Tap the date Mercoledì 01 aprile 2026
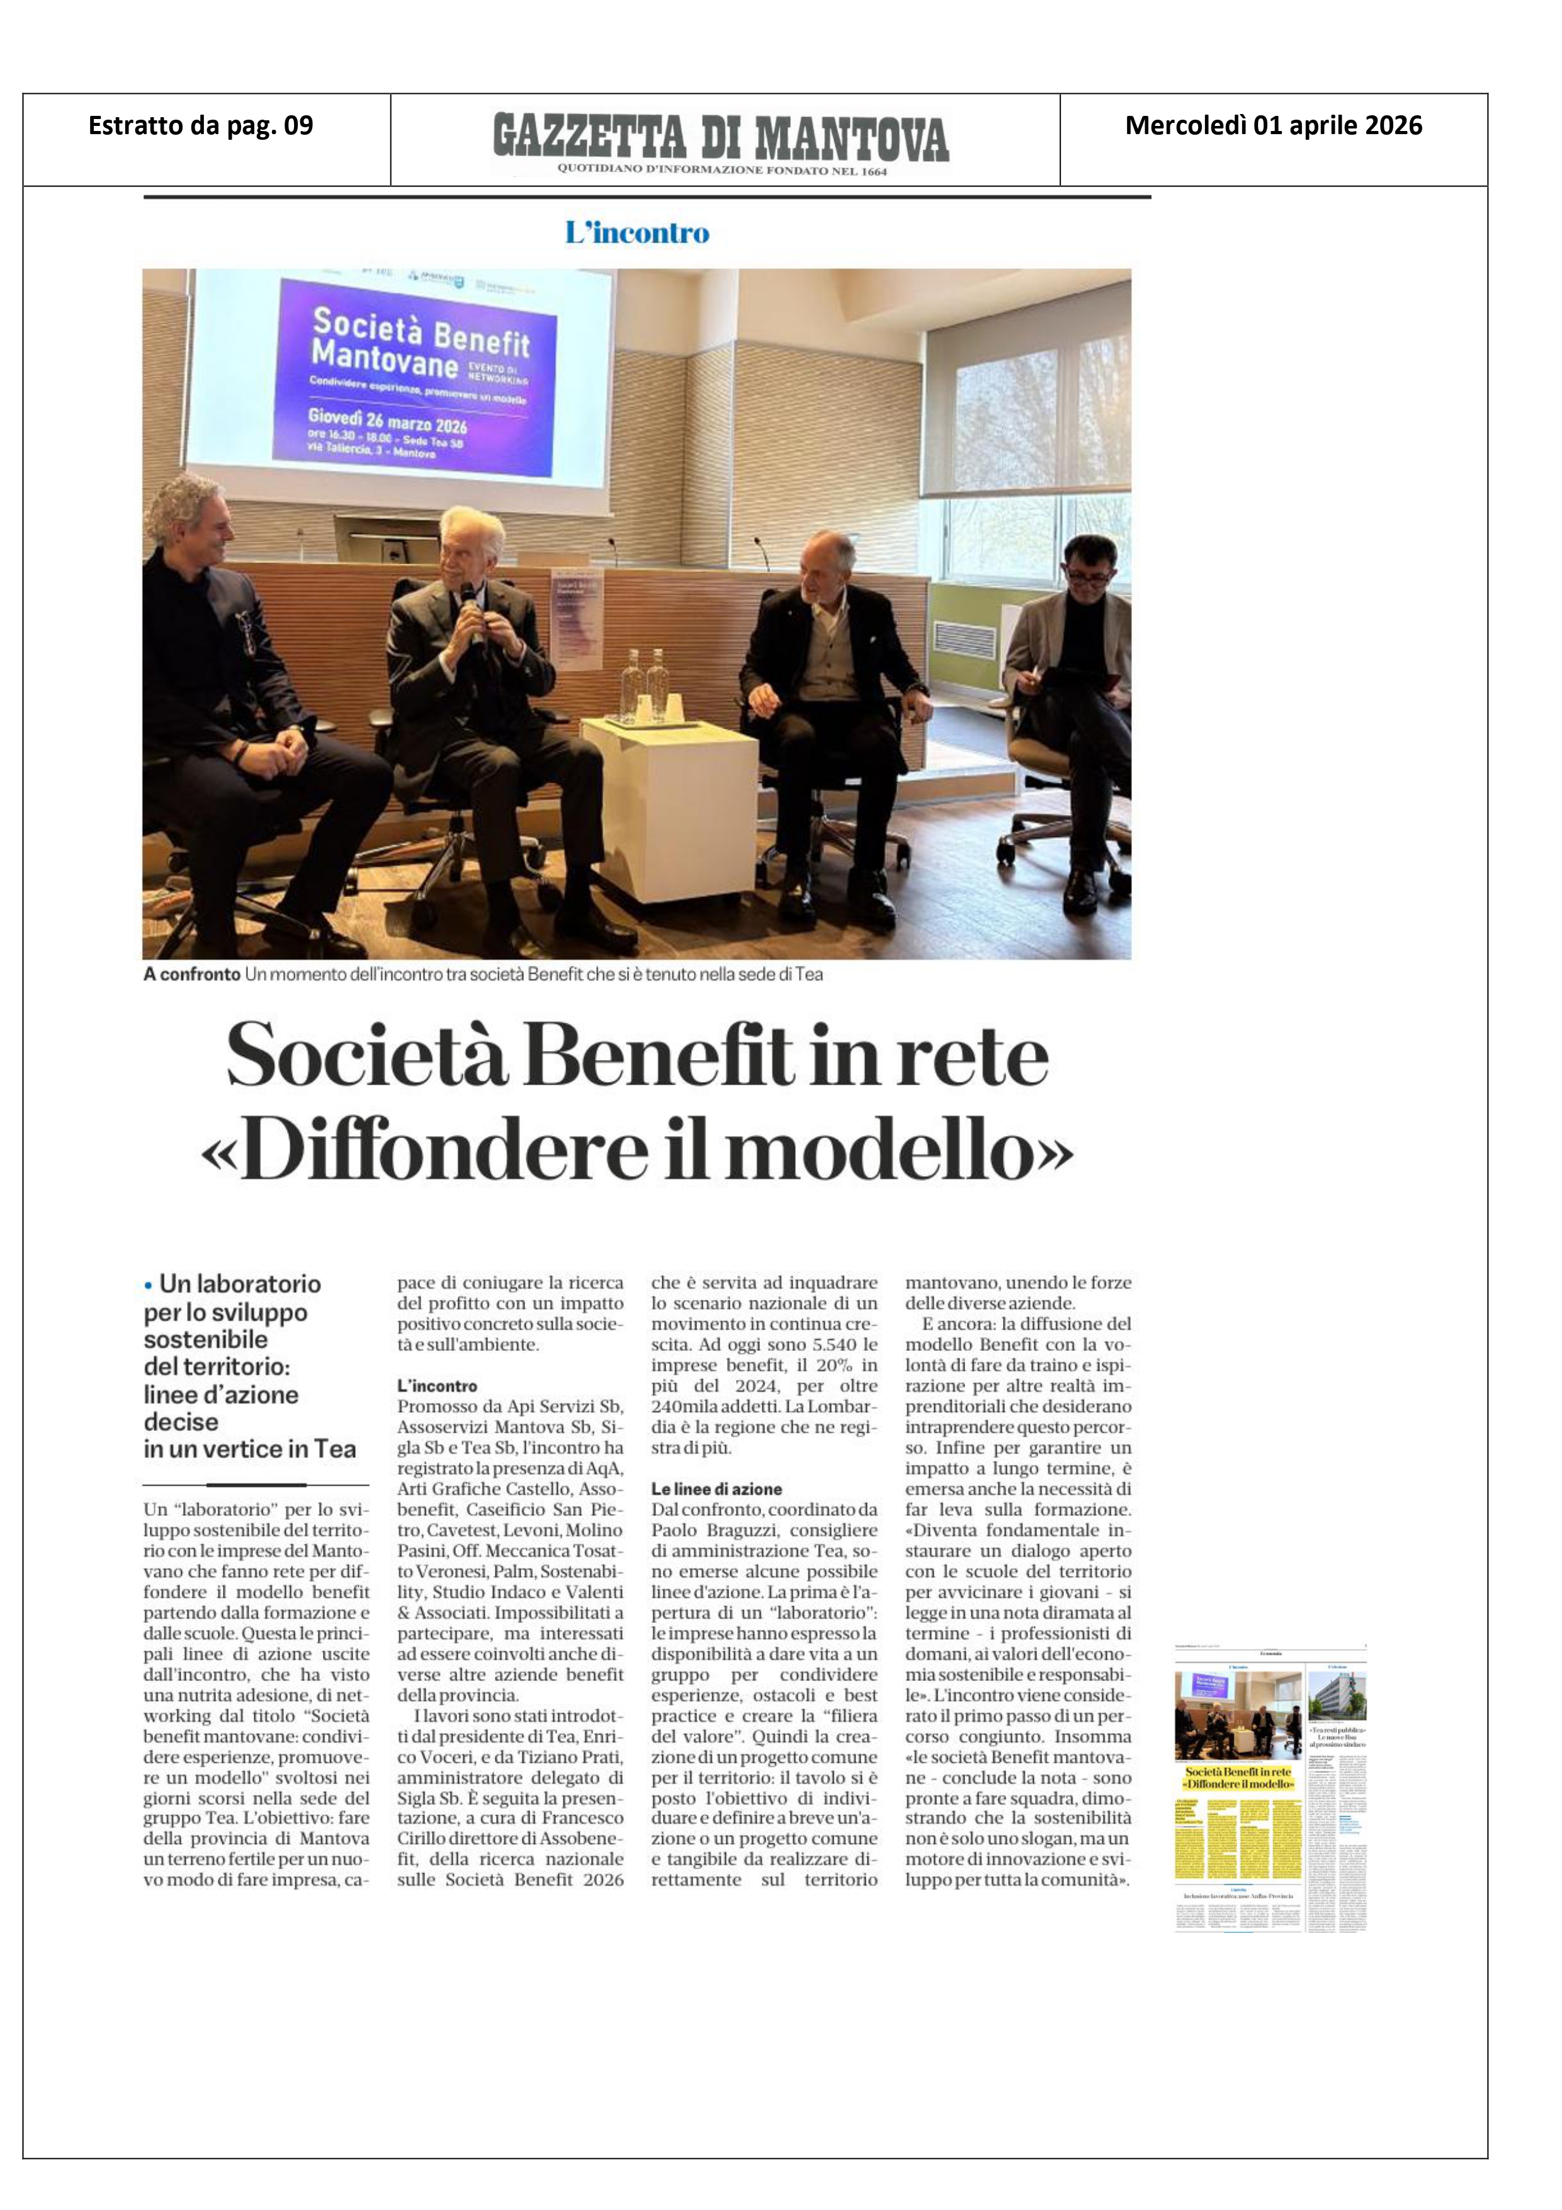coord(1273,126)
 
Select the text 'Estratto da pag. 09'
coord(200,126)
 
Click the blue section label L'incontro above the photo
coord(637,233)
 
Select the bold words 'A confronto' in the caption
coord(191,974)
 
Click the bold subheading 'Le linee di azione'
coord(716,1489)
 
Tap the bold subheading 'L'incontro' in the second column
coord(437,1386)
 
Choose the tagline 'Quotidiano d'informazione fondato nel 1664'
coord(722,171)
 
